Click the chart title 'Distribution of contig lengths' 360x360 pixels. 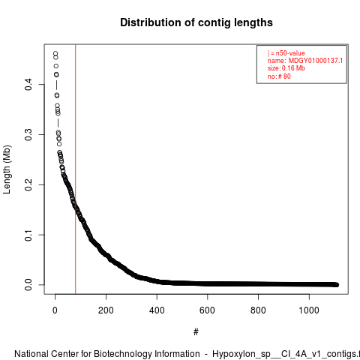point(196,22)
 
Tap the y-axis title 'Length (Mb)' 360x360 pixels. point(7,169)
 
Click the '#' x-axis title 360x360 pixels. point(196,332)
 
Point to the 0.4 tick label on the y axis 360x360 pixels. point(28,85)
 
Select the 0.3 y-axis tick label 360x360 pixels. point(28,134)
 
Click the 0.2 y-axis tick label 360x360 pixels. point(28,184)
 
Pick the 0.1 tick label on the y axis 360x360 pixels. point(28,235)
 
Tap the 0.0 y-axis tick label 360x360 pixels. point(28,285)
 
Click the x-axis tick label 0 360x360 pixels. point(55,310)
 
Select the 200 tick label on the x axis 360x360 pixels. point(106,310)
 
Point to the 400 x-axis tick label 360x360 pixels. point(157,310)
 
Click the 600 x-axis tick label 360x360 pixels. point(208,310)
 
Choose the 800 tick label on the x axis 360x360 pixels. point(258,310)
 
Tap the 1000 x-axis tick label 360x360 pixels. point(309,310)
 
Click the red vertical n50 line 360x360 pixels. point(75,169)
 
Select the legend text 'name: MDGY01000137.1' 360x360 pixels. point(305,61)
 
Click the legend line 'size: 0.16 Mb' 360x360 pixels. point(286,68)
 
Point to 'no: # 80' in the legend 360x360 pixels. point(279,76)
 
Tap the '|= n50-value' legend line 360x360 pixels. point(286,53)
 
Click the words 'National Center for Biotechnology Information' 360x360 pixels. point(107,354)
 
